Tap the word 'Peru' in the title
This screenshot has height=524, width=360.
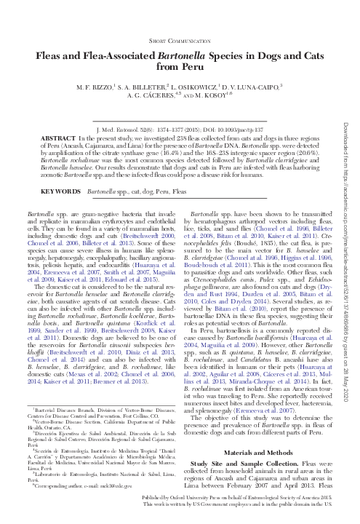coord(198,66)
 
